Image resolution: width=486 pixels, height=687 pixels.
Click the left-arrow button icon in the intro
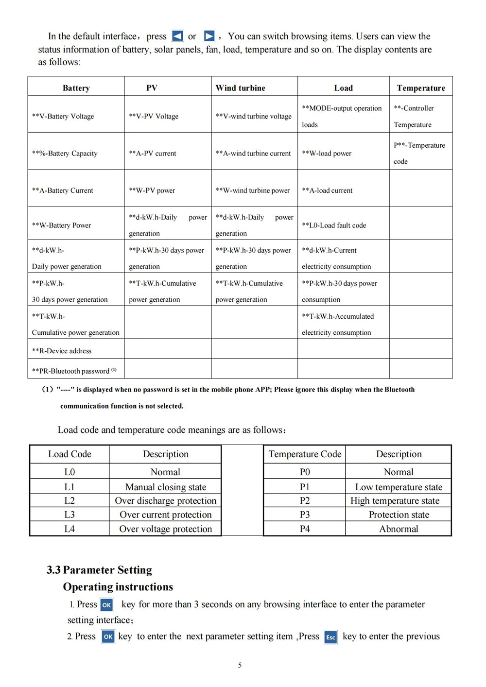178,36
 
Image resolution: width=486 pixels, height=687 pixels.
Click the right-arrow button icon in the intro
209,36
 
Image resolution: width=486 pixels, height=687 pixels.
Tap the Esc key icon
330,637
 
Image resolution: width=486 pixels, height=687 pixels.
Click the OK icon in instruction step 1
106,605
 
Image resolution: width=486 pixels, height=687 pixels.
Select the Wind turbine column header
241,88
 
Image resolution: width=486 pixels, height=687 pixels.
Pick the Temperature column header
421,88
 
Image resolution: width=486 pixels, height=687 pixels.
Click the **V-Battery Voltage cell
63,116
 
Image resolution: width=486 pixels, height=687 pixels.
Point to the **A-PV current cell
153,153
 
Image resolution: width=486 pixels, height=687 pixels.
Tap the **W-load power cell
327,153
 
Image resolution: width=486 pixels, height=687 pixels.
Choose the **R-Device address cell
62,351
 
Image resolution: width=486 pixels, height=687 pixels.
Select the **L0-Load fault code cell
334,225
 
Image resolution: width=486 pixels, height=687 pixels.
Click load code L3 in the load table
69,515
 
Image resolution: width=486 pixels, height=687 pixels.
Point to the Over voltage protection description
166,529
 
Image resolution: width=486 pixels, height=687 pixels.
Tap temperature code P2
305,500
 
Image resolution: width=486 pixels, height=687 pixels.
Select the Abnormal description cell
399,529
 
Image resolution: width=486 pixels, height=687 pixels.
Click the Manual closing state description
166,487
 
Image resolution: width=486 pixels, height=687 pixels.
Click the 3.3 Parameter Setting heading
99,569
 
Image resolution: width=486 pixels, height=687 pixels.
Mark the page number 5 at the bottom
240,665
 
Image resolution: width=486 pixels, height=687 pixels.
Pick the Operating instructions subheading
118,587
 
